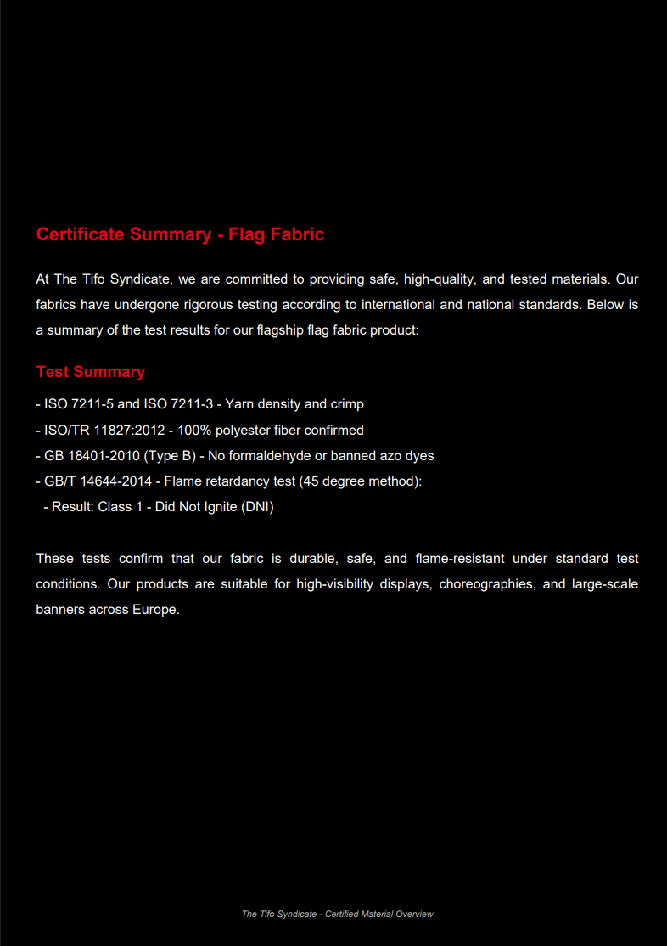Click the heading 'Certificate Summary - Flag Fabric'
point(180,234)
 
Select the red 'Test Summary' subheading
point(91,372)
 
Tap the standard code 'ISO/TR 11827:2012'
point(104,431)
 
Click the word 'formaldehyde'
point(270,456)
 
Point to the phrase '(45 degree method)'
point(360,481)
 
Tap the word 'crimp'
point(347,404)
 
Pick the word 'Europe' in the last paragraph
point(154,610)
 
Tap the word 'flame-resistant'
point(460,559)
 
